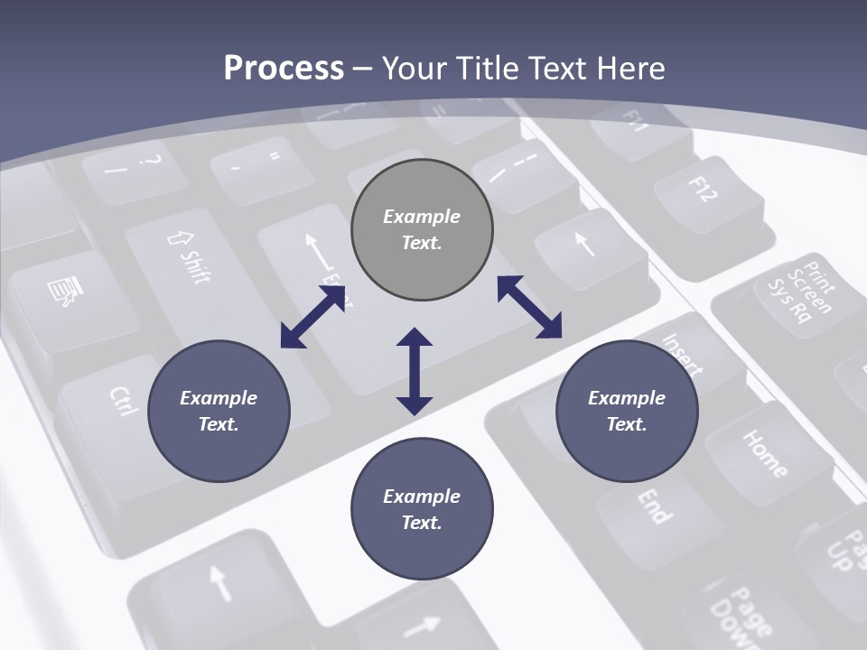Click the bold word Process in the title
(x=284, y=68)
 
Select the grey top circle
(x=422, y=230)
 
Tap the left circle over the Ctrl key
(x=219, y=412)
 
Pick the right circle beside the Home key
(x=627, y=412)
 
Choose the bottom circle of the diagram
(x=422, y=510)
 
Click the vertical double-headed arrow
(x=415, y=371)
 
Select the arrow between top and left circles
(x=313, y=316)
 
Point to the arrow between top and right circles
(x=529, y=307)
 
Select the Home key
(x=764, y=451)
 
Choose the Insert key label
(x=682, y=353)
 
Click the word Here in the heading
(x=627, y=68)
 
